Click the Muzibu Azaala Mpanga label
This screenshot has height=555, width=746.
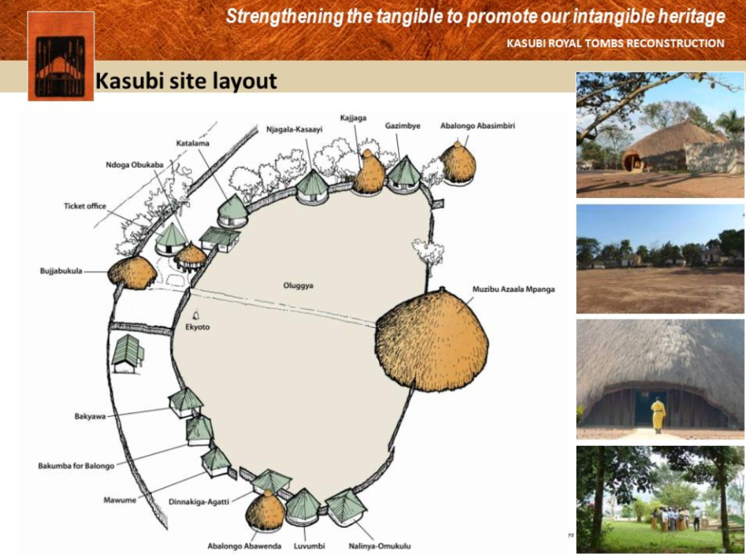pyautogui.click(x=513, y=289)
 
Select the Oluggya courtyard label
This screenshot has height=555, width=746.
pyautogui.click(x=298, y=286)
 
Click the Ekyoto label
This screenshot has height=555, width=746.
pyautogui.click(x=198, y=327)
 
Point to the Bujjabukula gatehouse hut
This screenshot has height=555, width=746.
pyautogui.click(x=132, y=273)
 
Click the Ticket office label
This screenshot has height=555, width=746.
pyautogui.click(x=85, y=206)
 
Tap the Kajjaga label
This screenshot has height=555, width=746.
pyautogui.click(x=353, y=117)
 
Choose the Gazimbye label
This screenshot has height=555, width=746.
pyautogui.click(x=403, y=126)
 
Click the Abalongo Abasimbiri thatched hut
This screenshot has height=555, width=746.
pyautogui.click(x=458, y=162)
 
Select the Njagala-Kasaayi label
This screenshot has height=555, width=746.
pyautogui.click(x=294, y=129)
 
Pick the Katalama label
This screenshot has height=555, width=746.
pyautogui.click(x=193, y=143)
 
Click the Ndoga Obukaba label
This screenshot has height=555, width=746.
pyautogui.click(x=135, y=165)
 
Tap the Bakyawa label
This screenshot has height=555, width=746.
pyautogui.click(x=90, y=417)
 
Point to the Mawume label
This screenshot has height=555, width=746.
pyautogui.click(x=120, y=500)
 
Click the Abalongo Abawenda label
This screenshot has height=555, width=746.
pyautogui.click(x=244, y=546)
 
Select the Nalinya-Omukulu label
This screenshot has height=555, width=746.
pyautogui.click(x=380, y=546)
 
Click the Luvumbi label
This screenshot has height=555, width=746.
pyautogui.click(x=309, y=546)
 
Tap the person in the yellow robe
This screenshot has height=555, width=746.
pyautogui.click(x=658, y=415)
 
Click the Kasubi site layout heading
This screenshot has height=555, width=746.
pyautogui.click(x=186, y=81)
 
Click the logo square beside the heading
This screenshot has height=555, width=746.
pyautogui.click(x=60, y=56)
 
